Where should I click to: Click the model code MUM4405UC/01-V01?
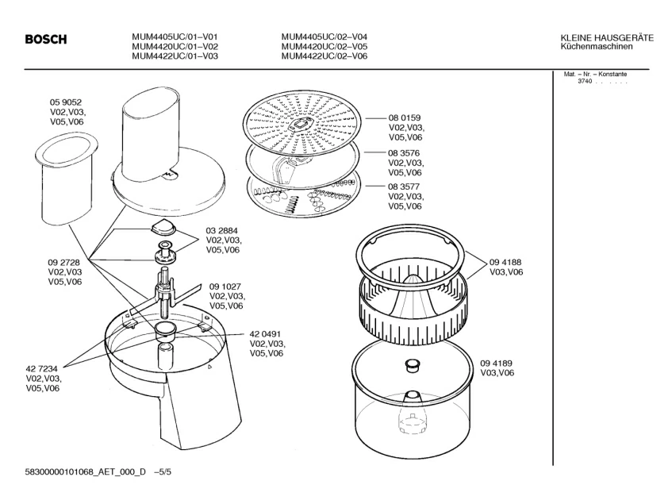pos(175,37)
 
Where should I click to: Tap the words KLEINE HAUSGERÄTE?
pos(606,37)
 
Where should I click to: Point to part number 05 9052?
pos(67,103)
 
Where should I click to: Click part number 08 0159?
pos(404,117)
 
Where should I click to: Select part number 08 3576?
pos(404,153)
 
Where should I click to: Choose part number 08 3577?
pos(404,187)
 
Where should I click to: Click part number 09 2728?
pos(64,262)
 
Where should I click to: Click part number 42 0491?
pos(267,334)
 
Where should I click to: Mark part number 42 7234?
pos(43,369)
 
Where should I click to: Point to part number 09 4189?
pos(496,363)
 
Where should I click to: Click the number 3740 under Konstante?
pos(586,82)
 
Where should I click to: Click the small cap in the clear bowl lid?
pos(412,364)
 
